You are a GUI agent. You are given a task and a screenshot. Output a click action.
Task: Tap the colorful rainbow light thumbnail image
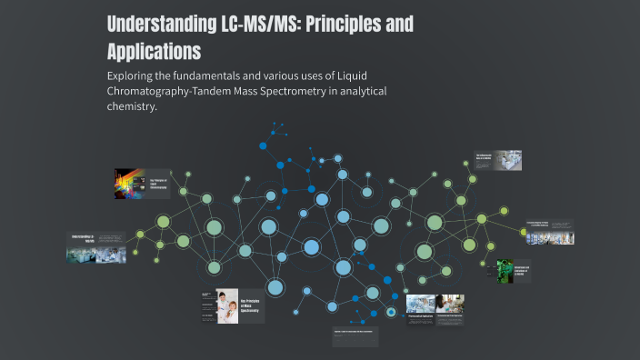pos(130,184)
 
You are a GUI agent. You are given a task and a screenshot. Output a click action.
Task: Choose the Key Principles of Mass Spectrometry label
pos(249,305)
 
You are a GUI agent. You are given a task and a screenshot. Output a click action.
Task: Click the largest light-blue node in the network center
pos(311,247)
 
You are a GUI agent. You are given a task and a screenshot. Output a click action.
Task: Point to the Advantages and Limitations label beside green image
pos(523,271)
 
